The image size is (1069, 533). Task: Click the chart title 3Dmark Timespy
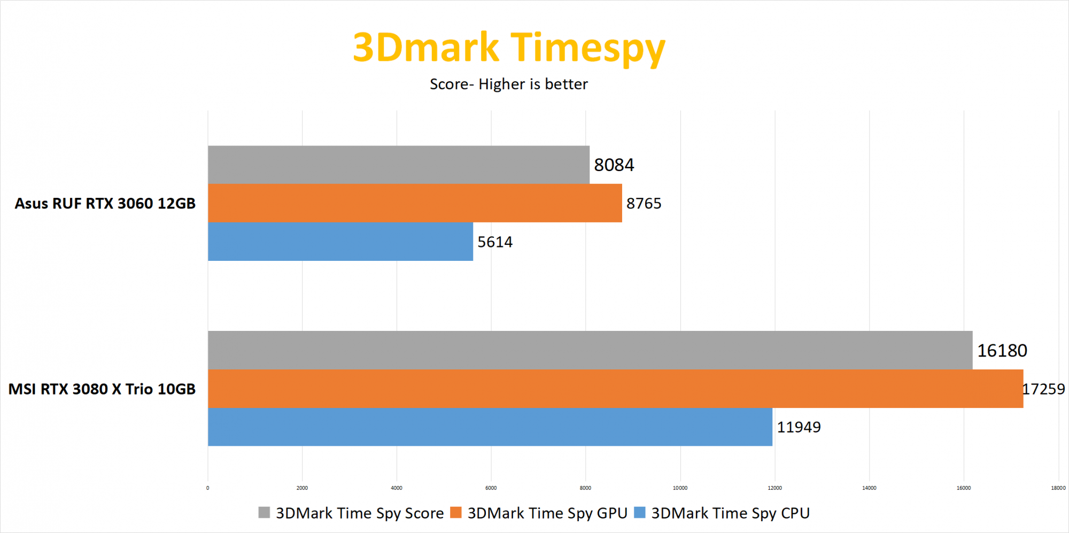click(x=509, y=48)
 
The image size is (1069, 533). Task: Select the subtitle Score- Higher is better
click(x=509, y=84)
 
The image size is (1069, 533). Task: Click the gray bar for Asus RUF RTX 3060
click(x=398, y=165)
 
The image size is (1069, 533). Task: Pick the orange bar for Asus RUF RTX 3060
click(x=415, y=203)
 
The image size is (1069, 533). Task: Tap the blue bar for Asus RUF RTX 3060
click(x=340, y=242)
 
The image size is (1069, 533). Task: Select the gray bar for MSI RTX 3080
click(x=590, y=350)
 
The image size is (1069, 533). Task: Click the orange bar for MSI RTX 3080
click(x=615, y=389)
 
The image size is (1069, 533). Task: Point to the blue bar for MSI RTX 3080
click(x=490, y=427)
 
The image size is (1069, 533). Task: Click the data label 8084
click(x=614, y=165)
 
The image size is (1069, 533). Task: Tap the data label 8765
click(x=644, y=204)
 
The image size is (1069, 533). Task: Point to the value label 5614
click(x=495, y=242)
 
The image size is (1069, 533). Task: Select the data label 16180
click(x=1002, y=351)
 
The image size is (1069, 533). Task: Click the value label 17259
click(x=1044, y=389)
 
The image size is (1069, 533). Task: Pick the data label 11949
click(x=799, y=427)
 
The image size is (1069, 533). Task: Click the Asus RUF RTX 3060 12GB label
click(x=105, y=204)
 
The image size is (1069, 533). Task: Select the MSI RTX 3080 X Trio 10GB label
click(x=102, y=389)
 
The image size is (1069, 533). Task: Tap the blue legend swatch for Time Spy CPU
click(x=640, y=513)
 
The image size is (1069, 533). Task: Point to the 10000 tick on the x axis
click(x=680, y=488)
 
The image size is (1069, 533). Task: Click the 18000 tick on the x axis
click(x=1058, y=488)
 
